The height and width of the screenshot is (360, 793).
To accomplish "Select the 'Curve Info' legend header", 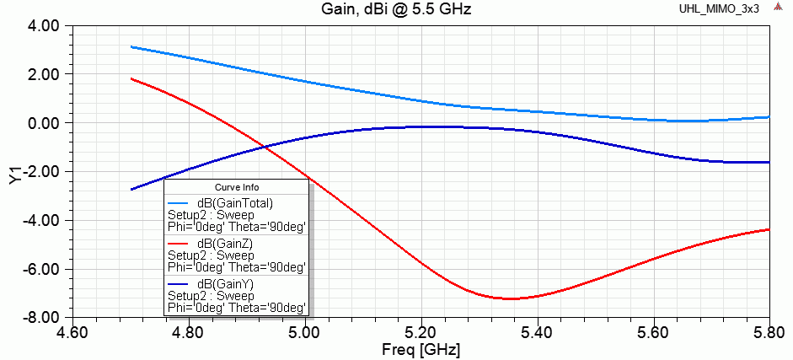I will (237, 187).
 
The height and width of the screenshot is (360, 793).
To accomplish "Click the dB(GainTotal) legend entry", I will (234, 202).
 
